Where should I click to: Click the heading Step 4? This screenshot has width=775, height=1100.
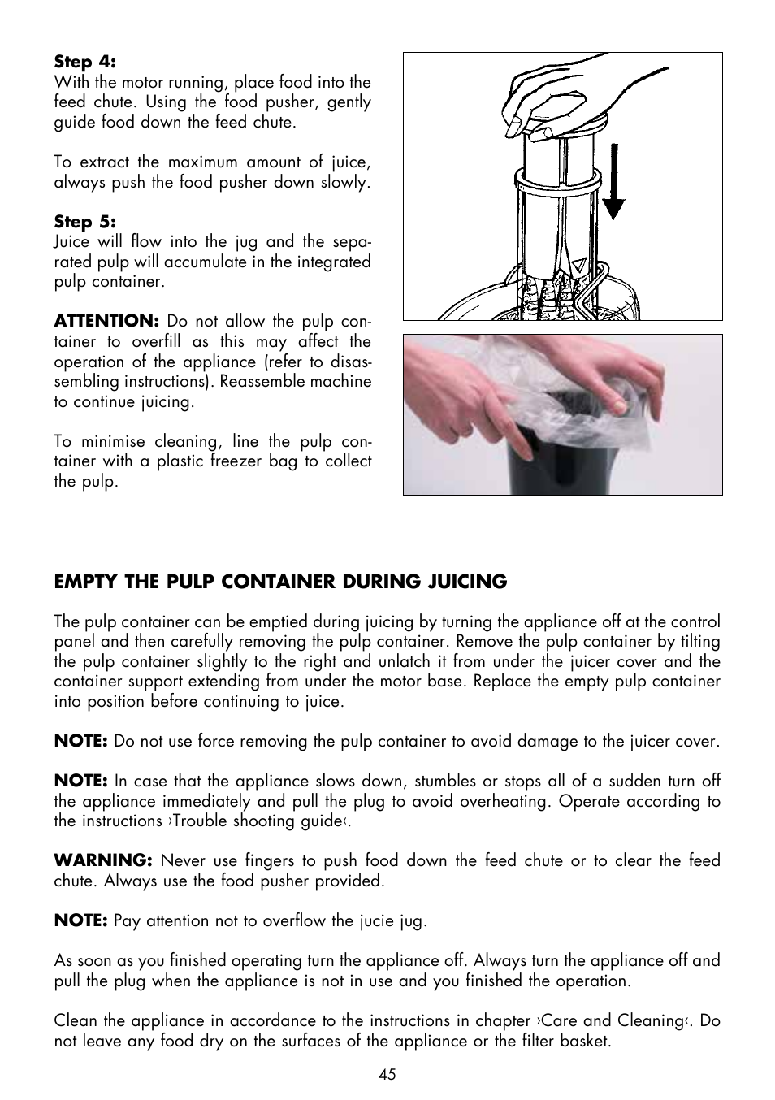(x=85, y=62)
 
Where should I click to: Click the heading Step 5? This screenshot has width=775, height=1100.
(x=85, y=222)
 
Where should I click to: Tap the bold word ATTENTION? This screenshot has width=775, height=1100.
(x=106, y=321)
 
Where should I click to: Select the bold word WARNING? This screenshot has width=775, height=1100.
(x=103, y=860)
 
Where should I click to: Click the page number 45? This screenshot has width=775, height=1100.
(x=387, y=1074)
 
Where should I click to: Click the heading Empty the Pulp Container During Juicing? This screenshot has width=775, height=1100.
(x=280, y=582)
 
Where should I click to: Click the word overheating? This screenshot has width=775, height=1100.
(x=506, y=801)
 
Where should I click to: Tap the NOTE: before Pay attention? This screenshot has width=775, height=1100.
(x=80, y=920)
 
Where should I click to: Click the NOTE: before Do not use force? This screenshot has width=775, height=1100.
(x=80, y=741)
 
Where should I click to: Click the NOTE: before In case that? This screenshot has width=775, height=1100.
(x=80, y=781)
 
